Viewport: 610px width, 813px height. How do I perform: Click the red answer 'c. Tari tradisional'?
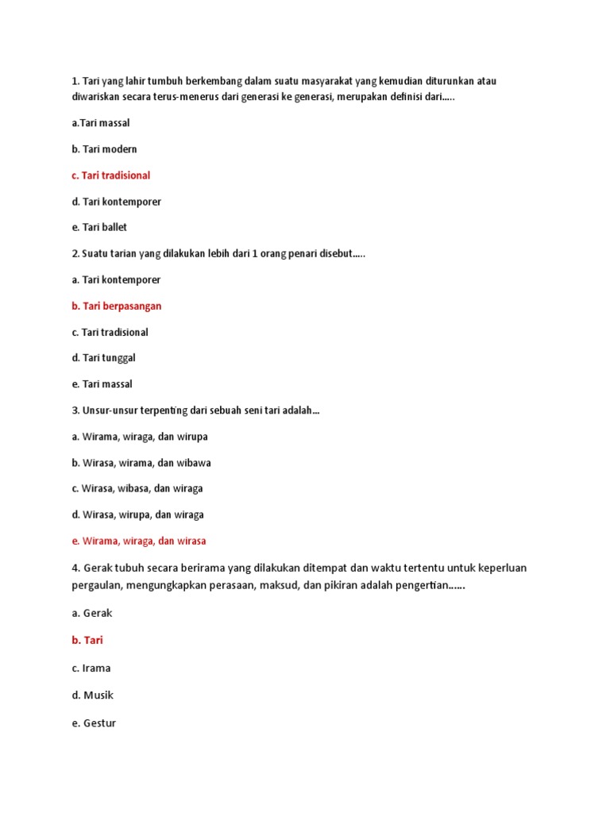pyautogui.click(x=110, y=175)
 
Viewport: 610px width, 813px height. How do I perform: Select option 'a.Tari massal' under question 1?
pyautogui.click(x=100, y=123)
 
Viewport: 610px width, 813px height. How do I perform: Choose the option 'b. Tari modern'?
pyautogui.click(x=104, y=149)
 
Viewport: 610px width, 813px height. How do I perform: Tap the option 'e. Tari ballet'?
pyautogui.click(x=99, y=227)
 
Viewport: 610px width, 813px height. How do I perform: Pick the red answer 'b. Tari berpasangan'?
pyautogui.click(x=116, y=306)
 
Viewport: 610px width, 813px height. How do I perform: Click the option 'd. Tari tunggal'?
pyautogui.click(x=103, y=358)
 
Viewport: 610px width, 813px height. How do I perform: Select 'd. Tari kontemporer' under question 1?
pyautogui.click(x=116, y=202)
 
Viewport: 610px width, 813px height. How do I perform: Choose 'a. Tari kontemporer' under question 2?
pyautogui.click(x=116, y=279)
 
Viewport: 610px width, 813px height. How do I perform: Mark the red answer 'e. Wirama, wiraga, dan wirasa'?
pyautogui.click(x=138, y=541)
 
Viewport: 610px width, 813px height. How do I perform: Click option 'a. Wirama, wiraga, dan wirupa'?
pyautogui.click(x=139, y=437)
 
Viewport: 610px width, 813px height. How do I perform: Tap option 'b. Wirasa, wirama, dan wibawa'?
pyautogui.click(x=141, y=463)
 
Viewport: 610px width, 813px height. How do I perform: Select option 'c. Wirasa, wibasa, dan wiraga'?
pyautogui.click(x=137, y=488)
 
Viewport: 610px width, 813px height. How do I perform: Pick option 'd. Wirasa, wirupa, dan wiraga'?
pyautogui.click(x=137, y=514)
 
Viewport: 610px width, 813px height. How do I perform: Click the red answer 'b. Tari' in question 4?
pyautogui.click(x=87, y=640)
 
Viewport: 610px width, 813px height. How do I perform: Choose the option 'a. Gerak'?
pyautogui.click(x=92, y=614)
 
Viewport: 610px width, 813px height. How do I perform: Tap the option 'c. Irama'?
pyautogui.click(x=91, y=668)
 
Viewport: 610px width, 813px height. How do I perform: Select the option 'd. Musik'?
pyautogui.click(x=92, y=695)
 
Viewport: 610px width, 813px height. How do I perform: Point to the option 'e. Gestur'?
pyautogui.click(x=94, y=723)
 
